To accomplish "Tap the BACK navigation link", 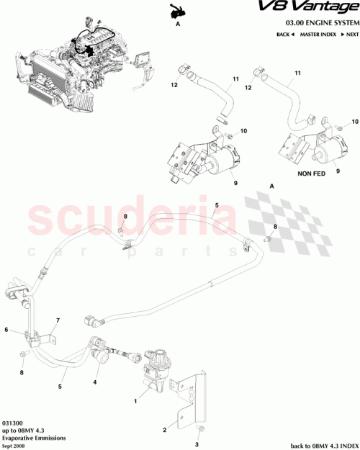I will point(286,35).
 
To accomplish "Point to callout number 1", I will point(135,399).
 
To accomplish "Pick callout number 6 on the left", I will point(6,330).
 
